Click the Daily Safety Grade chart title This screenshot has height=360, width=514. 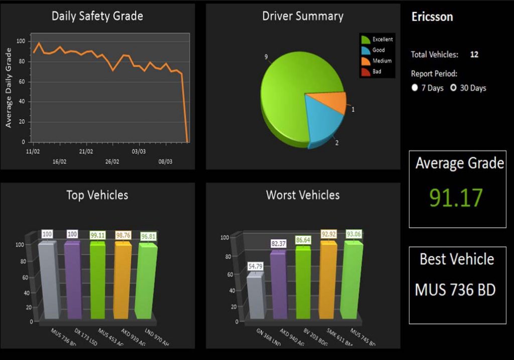97,16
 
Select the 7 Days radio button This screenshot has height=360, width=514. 415,88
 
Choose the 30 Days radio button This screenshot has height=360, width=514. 453,88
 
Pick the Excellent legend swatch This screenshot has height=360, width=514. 366,39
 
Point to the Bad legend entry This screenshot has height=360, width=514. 376,72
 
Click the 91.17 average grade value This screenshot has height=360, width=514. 455,198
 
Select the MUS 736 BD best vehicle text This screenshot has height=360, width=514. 455,290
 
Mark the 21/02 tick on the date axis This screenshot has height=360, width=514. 86,151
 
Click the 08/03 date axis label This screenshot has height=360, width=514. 165,162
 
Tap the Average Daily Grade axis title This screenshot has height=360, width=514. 9,87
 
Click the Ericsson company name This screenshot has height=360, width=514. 432,17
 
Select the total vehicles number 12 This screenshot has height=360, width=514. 474,54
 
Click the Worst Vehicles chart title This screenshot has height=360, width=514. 303,195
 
